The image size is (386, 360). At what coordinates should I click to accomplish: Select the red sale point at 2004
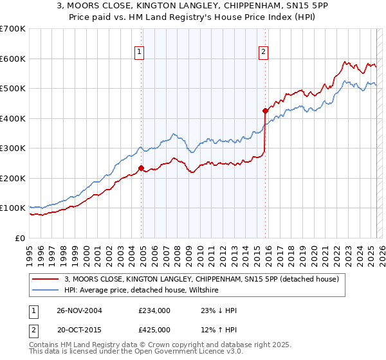click(x=142, y=168)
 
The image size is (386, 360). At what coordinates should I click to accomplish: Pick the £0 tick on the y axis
click(x=20, y=238)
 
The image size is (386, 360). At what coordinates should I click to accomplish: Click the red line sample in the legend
click(x=46, y=279)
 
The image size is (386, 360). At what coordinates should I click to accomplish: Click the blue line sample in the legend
click(x=46, y=291)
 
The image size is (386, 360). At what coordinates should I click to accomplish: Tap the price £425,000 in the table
click(x=154, y=330)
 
